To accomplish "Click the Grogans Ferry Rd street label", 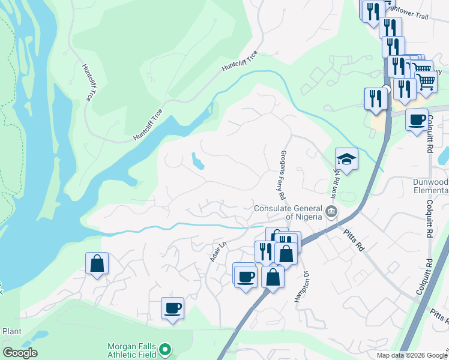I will tap(281, 173).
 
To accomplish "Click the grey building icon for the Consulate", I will tap(331, 211).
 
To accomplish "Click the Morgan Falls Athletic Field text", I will tap(132, 350).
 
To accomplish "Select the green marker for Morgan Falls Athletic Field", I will tap(166, 349).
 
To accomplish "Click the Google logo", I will tap(20, 353).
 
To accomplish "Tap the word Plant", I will tap(12, 331).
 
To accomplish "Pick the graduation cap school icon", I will tap(346, 159).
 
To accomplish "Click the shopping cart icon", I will tap(426, 81).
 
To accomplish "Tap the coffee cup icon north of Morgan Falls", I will tap(172, 308).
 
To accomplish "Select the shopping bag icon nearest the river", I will tap(97, 263).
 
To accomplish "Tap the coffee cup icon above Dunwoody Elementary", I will tap(417, 119).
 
